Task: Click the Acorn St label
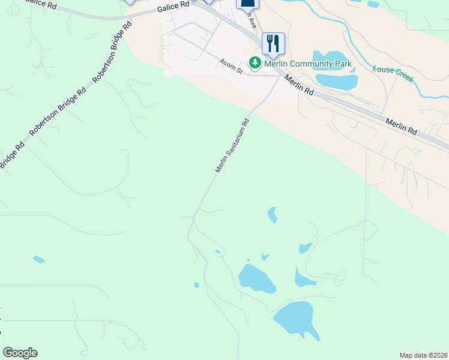(x=231, y=66)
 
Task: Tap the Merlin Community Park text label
(x=308, y=63)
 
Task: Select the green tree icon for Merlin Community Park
(x=255, y=62)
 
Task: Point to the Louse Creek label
(x=393, y=74)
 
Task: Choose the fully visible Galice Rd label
(x=173, y=6)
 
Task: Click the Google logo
(x=20, y=353)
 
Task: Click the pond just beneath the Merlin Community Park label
(x=336, y=80)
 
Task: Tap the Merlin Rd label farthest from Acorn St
(x=401, y=126)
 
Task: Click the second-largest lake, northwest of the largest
(x=256, y=278)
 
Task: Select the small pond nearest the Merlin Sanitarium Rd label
(x=273, y=214)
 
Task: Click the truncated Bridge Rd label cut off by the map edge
(x=11, y=155)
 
